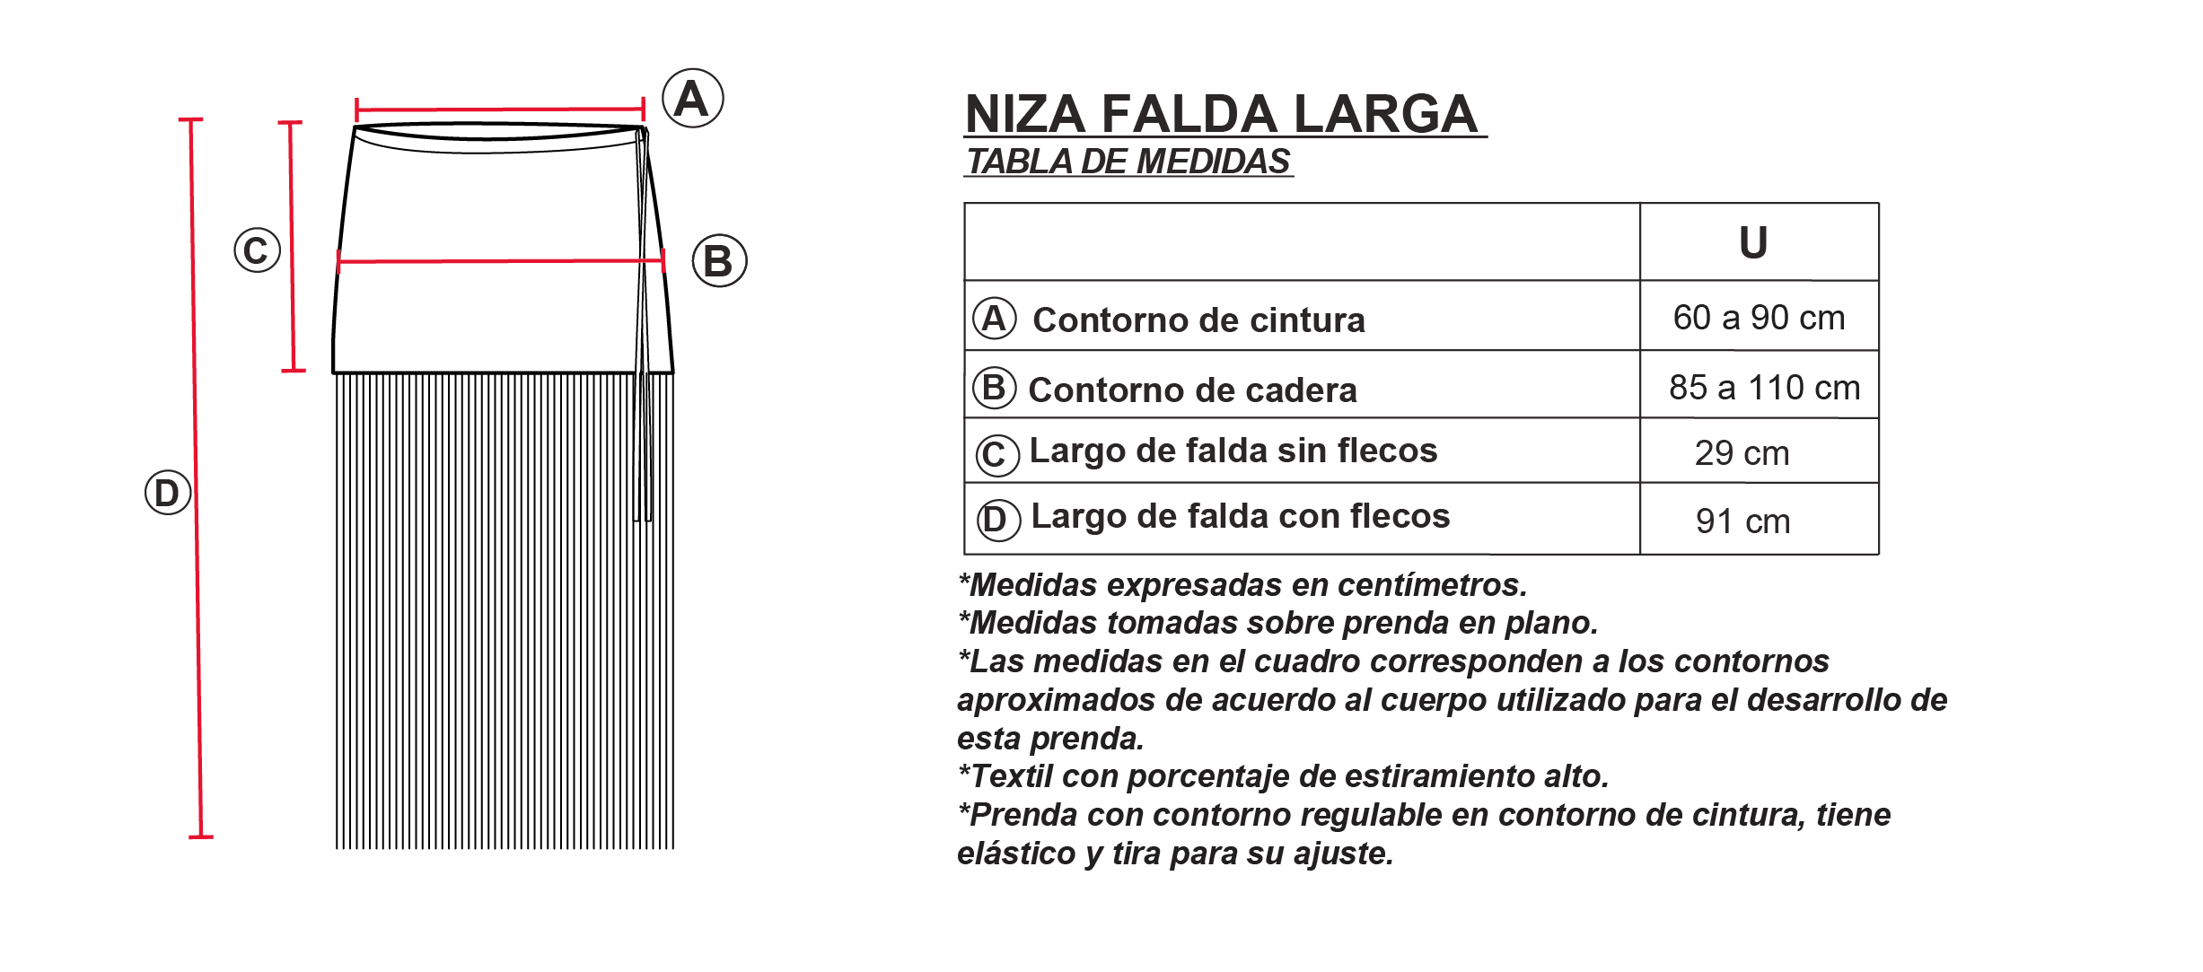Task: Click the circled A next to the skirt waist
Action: point(692,98)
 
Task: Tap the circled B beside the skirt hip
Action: point(719,261)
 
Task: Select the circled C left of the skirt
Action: point(257,250)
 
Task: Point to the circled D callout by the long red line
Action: point(168,493)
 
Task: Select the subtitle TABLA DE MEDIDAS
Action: point(1128,162)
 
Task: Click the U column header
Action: point(1753,242)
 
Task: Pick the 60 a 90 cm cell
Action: point(1759,318)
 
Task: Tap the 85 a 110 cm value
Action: point(1764,388)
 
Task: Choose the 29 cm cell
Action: point(1742,453)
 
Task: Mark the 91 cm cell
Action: point(1742,521)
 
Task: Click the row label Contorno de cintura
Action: point(1198,320)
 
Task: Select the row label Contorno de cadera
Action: point(1192,390)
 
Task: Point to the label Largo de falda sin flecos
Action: point(1233,451)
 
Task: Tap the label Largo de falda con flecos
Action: point(1240,516)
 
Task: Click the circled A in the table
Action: point(994,319)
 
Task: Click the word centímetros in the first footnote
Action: point(1432,585)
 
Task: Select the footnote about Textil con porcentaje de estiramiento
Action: point(1284,776)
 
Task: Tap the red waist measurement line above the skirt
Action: point(499,109)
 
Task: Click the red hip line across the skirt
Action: point(499,261)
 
